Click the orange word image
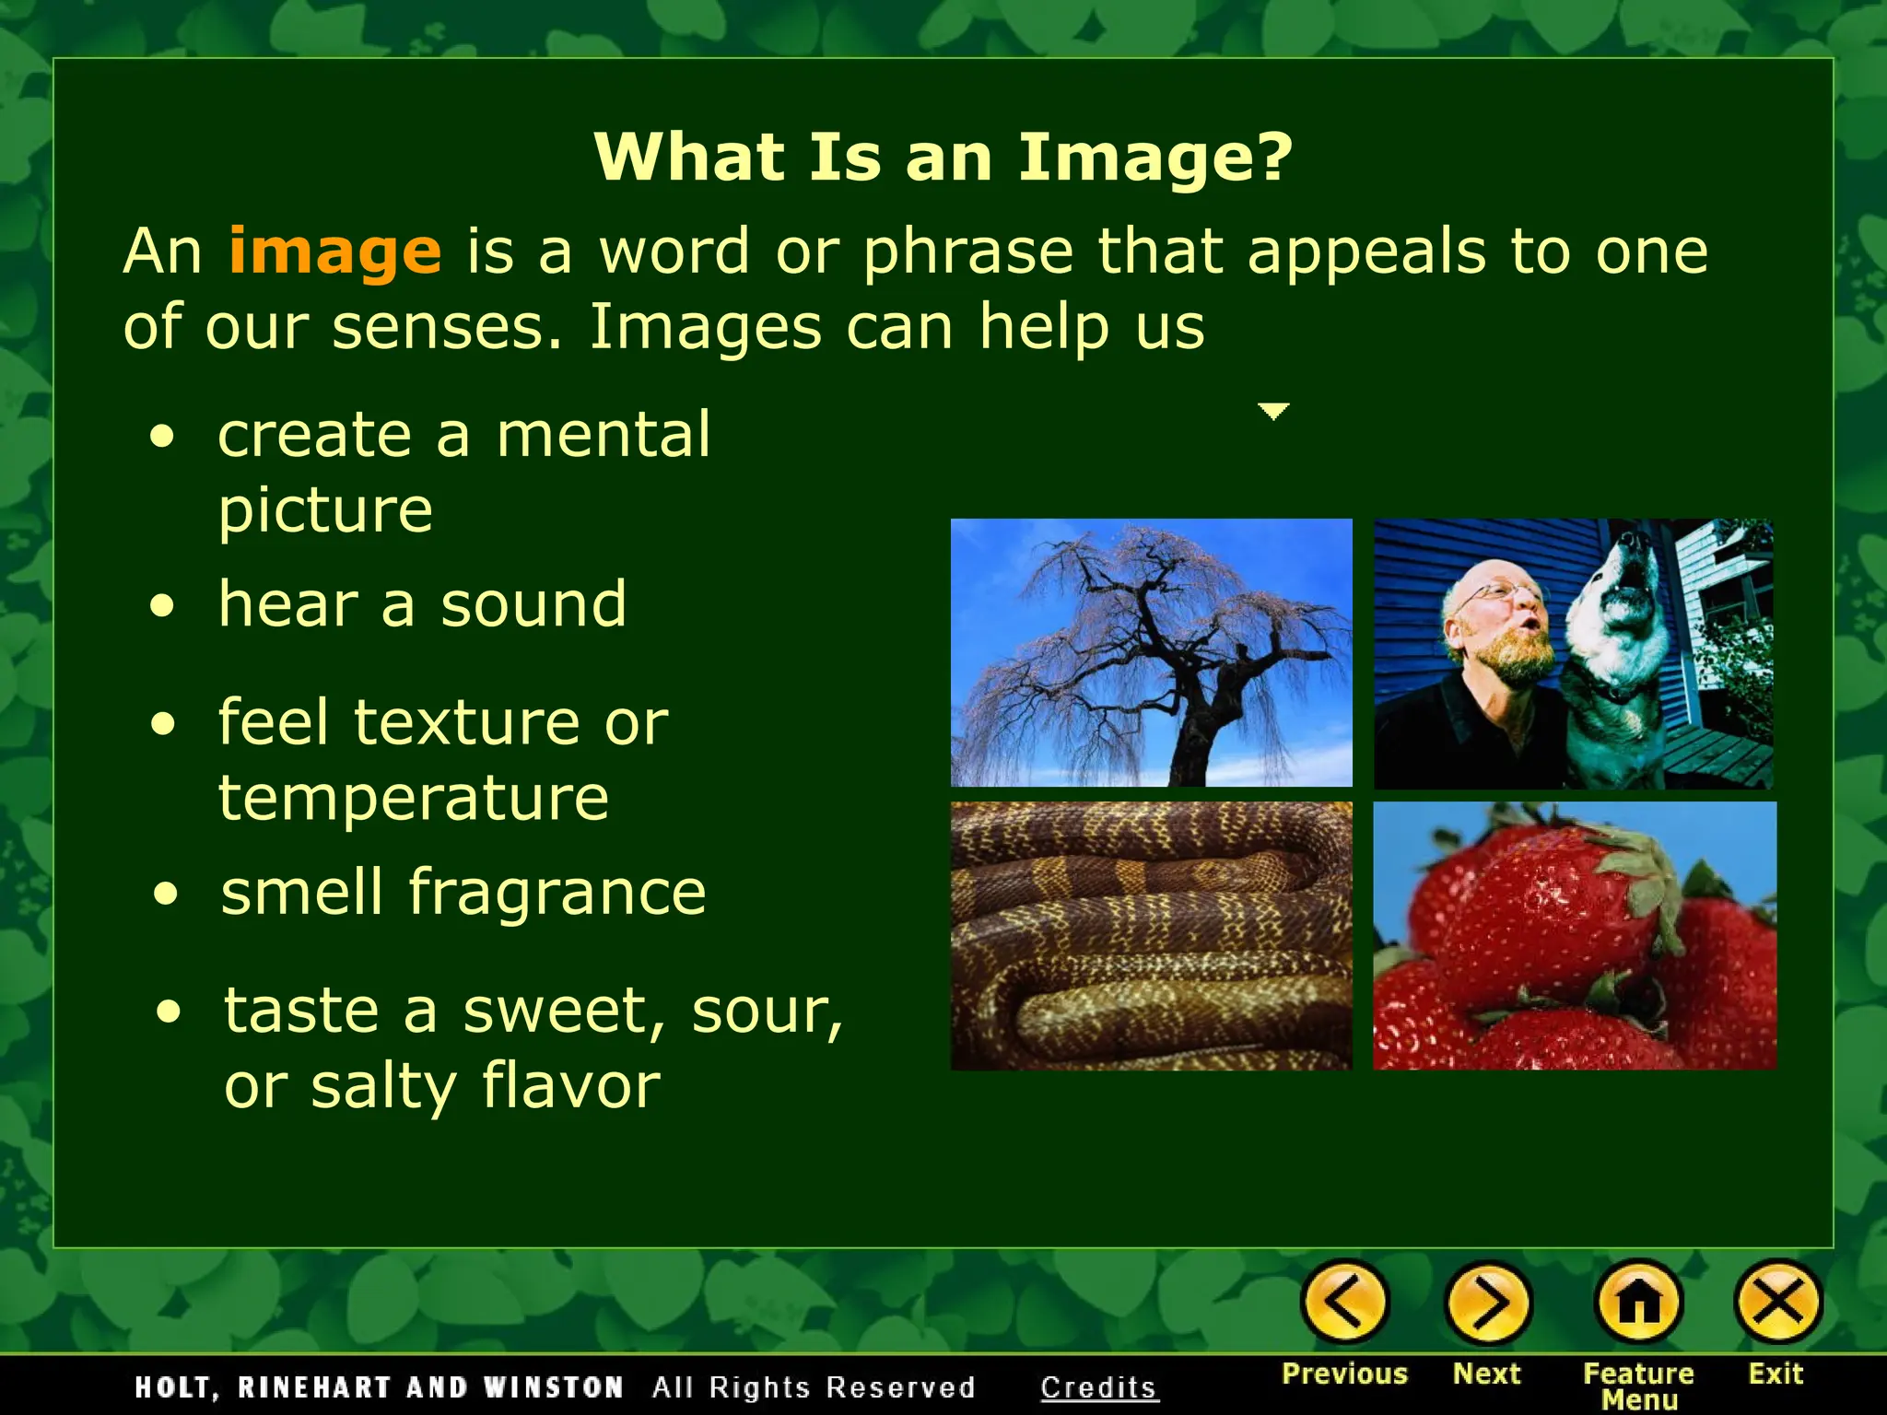pos(334,251)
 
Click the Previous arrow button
pos(1344,1303)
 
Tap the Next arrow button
pos(1487,1303)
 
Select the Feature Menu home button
pos(1638,1303)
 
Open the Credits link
pos(1098,1387)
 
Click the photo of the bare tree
pos(1151,652)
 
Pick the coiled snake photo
pos(1151,935)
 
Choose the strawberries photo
pos(1574,935)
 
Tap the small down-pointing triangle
pos(1273,411)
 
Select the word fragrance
pos(557,893)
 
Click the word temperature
pos(414,797)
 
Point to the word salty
pos(383,1086)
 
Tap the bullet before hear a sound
pos(163,607)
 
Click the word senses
pos(447,327)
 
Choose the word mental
pos(604,435)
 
